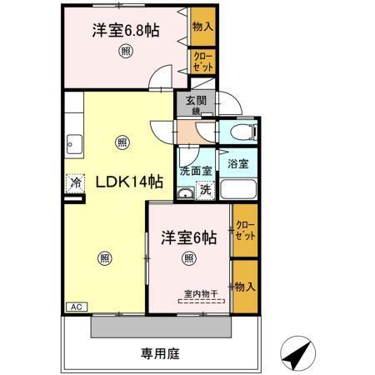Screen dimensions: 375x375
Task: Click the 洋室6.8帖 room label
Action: point(126,32)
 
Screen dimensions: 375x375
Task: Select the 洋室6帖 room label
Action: point(188,237)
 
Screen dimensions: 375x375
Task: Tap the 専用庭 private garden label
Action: point(159,352)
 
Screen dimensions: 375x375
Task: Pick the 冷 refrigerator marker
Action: point(76,182)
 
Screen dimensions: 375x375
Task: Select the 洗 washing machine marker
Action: point(205,190)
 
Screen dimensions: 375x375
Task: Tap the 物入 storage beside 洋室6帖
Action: point(243,287)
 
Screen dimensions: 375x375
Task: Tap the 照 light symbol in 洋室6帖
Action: point(188,257)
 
